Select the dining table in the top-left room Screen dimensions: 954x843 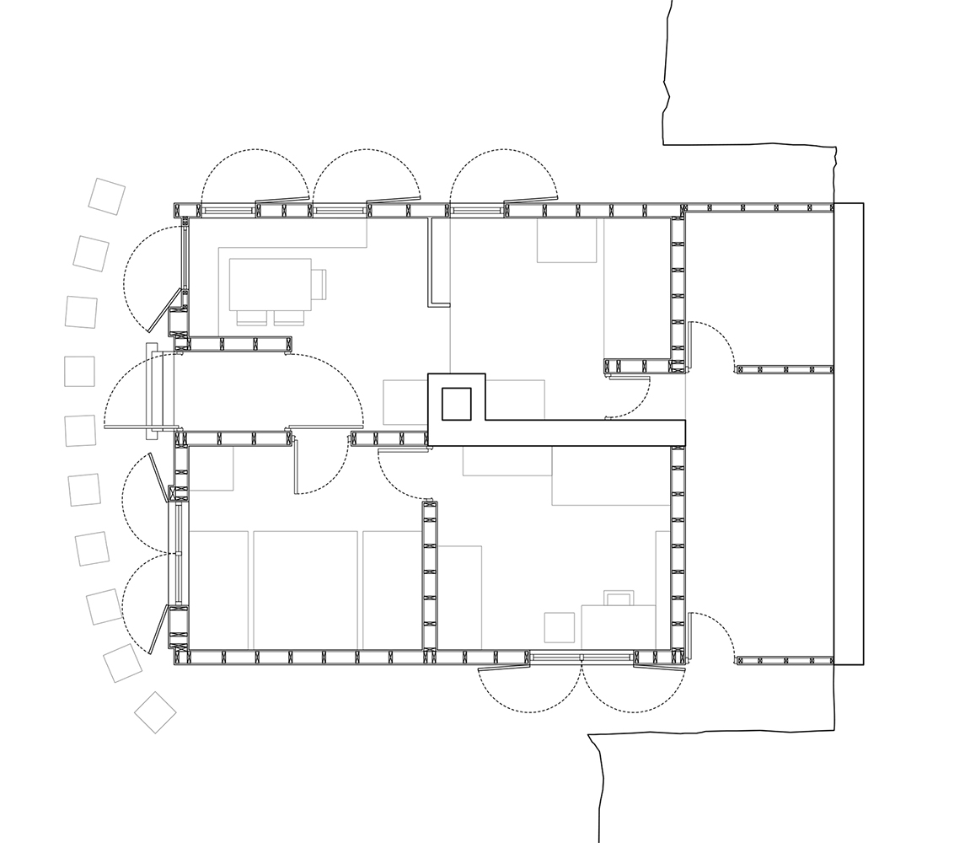[270, 284]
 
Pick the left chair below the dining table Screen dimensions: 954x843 [250, 318]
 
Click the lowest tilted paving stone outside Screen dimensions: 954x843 [155, 712]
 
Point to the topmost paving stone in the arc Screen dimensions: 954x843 [107, 196]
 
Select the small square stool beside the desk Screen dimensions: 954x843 [559, 627]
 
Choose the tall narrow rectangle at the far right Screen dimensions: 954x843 [849, 433]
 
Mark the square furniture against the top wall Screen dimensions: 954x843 [566, 240]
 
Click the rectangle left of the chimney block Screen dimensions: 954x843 [405, 402]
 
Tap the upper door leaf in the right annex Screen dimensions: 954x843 [689, 346]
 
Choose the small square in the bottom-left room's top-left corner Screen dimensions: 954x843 [211, 468]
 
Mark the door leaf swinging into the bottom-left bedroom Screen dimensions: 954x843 [296, 464]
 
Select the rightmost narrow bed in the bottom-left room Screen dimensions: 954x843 [392, 590]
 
